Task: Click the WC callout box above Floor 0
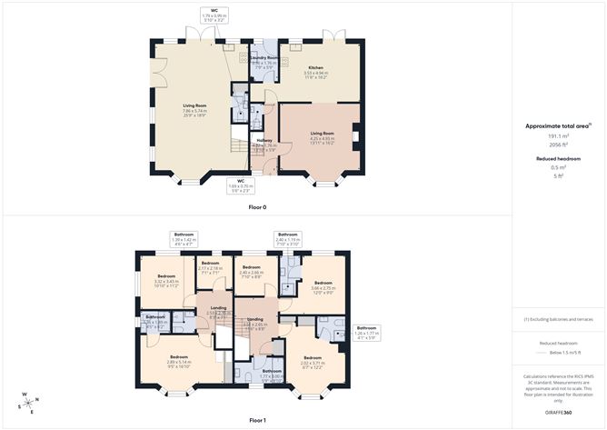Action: [214, 15]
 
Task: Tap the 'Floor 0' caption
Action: [258, 206]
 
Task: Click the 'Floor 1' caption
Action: [258, 420]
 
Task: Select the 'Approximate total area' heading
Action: [556, 125]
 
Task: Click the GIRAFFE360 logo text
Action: [557, 413]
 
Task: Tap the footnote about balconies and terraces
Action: [557, 320]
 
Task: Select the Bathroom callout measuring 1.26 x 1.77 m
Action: [366, 331]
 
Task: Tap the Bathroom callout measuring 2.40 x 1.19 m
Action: [288, 238]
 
